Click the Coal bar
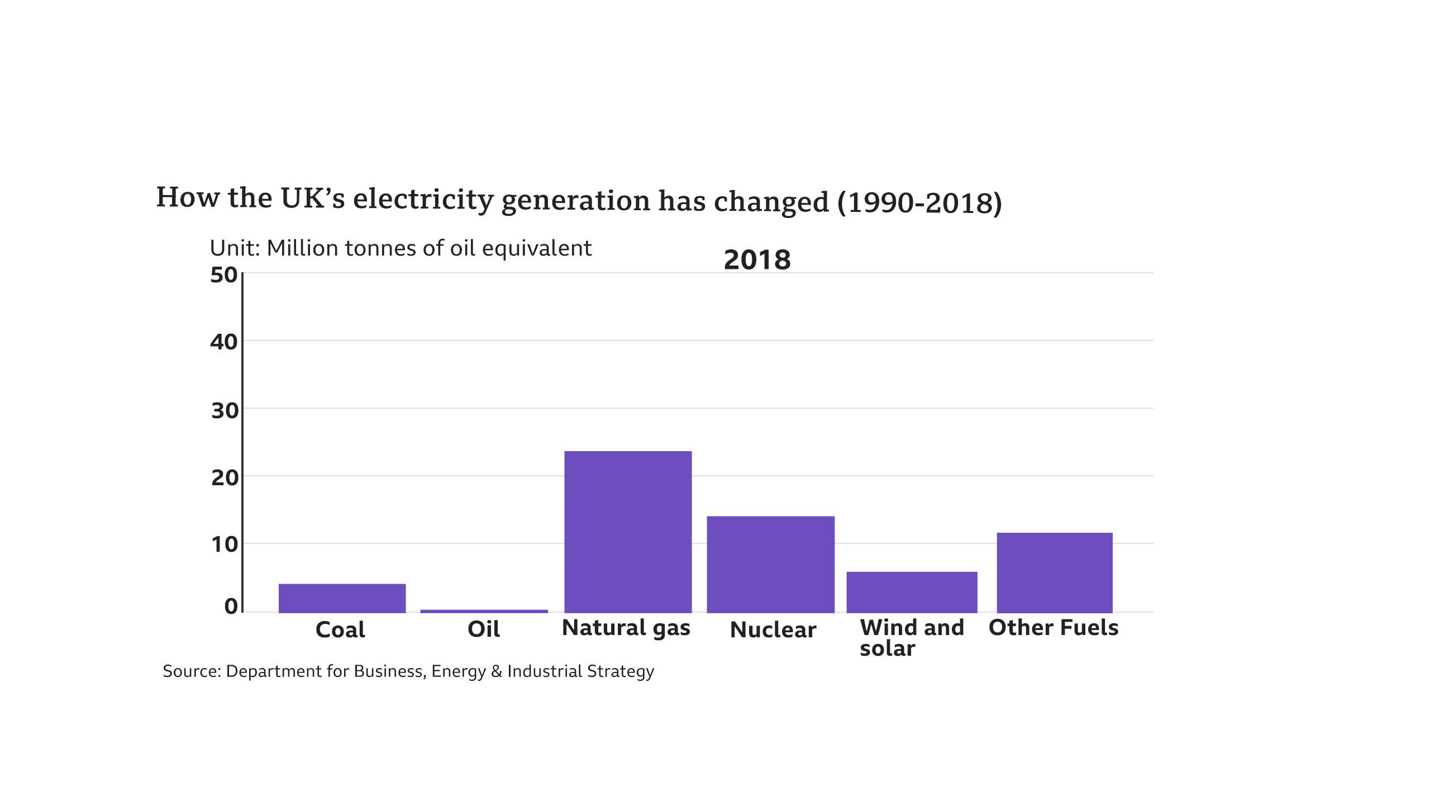(342, 598)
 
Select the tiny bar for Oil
(484, 611)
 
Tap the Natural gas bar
(628, 532)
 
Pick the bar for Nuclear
(770, 564)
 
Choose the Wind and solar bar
(912, 592)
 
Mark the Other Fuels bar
(1055, 572)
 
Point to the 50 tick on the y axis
(224, 275)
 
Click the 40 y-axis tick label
(224, 342)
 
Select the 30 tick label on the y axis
(225, 411)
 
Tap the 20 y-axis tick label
(225, 478)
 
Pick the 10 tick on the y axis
(225, 544)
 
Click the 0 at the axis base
(231, 606)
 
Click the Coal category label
(340, 630)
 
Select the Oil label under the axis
(483, 629)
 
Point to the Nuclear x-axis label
(773, 630)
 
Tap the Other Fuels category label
(1054, 628)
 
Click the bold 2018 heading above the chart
(757, 260)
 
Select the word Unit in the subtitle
(234, 248)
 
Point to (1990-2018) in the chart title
(919, 203)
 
